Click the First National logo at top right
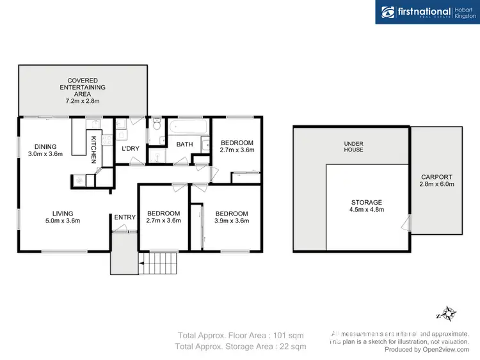point(427,12)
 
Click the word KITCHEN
point(93,150)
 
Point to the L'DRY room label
point(130,149)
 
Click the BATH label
point(184,145)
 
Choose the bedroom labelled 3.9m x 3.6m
point(232,217)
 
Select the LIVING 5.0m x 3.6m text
point(63,217)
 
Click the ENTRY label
point(125,217)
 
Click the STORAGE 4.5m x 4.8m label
point(365,206)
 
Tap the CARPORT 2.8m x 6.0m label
point(436,180)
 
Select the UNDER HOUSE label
point(353,146)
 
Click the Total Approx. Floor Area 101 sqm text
point(240,335)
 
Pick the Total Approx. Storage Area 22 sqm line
point(240,347)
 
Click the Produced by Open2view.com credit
point(428,350)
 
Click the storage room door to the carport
point(406,223)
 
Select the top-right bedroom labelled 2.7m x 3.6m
point(236,146)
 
